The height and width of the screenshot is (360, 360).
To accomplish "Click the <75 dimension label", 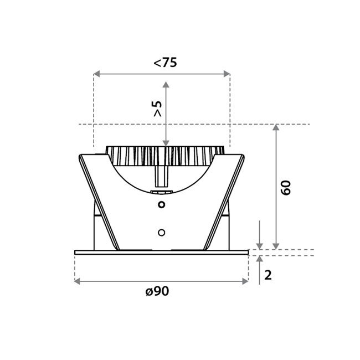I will click(165, 63).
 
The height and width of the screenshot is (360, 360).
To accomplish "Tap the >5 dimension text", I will click(157, 108).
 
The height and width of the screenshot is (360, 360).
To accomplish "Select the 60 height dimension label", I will click(286, 187).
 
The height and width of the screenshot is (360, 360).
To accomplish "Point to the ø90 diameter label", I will click(157, 292).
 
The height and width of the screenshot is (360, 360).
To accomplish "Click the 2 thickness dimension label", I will click(268, 275).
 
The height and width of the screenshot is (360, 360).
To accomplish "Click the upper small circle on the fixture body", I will click(161, 205).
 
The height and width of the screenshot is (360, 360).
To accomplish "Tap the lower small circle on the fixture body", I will click(161, 231).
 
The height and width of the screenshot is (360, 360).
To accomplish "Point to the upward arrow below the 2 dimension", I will click(260, 260).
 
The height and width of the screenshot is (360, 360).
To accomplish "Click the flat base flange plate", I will click(161, 253).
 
